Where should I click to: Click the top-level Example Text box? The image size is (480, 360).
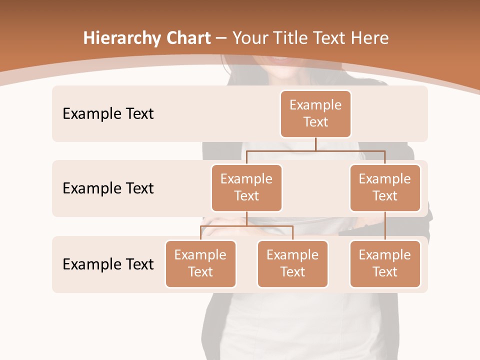tap(315, 113)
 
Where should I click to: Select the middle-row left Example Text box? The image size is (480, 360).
tap(246, 187)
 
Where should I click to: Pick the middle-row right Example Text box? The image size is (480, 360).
tap(385, 187)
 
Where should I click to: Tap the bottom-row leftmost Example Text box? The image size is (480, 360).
tap(200, 263)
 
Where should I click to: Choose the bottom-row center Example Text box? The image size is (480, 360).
tap(292, 263)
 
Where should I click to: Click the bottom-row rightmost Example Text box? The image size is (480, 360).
tap(385, 263)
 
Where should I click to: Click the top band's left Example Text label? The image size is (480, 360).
tap(108, 114)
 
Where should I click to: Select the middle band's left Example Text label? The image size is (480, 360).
tap(108, 188)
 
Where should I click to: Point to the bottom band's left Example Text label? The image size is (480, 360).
tap(108, 264)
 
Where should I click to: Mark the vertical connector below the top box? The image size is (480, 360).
tap(315, 143)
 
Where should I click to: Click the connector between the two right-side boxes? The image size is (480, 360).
tap(385, 226)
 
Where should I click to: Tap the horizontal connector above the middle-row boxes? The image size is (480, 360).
tap(315, 150)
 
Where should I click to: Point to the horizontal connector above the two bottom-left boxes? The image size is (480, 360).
tap(246, 226)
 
